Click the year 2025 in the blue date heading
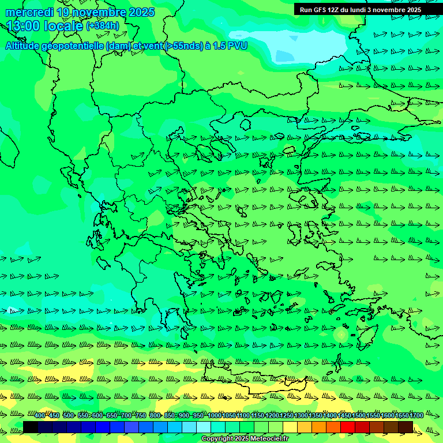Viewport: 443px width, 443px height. pos(142,12)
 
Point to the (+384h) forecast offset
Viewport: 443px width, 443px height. pos(103,26)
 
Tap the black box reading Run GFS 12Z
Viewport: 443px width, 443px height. pos(368,9)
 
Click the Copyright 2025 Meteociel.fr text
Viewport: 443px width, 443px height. pos(245,439)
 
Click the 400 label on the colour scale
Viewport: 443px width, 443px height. pos(40,415)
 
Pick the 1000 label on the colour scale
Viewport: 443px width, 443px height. pos(215,415)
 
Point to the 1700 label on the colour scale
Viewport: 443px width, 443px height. pos(416,415)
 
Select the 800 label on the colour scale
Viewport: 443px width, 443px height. pos(155,415)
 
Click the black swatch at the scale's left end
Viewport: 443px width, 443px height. pos(31,426)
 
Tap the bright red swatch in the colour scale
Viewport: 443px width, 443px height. pos(348,426)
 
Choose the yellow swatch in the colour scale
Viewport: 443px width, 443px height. pos(290,426)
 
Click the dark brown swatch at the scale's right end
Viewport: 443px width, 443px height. pos(406,426)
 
